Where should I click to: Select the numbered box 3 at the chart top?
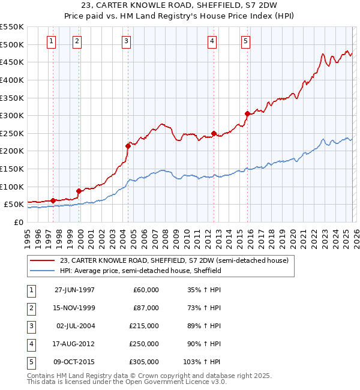click(x=127, y=41)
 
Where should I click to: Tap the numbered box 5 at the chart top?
click(x=246, y=41)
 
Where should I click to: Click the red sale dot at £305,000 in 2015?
click(x=247, y=113)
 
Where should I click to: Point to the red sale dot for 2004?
click(x=127, y=145)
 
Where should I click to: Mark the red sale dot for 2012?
click(x=213, y=133)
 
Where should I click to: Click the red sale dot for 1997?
click(x=53, y=200)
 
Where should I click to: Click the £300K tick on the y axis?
click(x=11, y=115)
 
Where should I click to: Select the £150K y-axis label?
click(x=11, y=169)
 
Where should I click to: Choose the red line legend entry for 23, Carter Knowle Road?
click(x=174, y=260)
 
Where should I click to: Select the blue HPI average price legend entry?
click(x=140, y=271)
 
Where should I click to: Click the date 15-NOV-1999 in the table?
click(x=74, y=308)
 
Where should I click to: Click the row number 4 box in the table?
click(x=29, y=344)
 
